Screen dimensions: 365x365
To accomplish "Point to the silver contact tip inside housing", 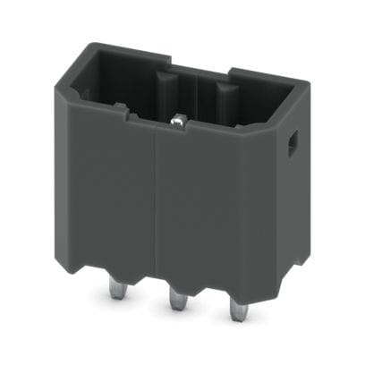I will click(x=179, y=116).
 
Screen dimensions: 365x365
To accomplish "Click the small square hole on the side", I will click(x=291, y=143).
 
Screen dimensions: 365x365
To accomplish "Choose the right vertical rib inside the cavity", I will click(x=224, y=100).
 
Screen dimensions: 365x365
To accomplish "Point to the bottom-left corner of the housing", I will click(x=72, y=250).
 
